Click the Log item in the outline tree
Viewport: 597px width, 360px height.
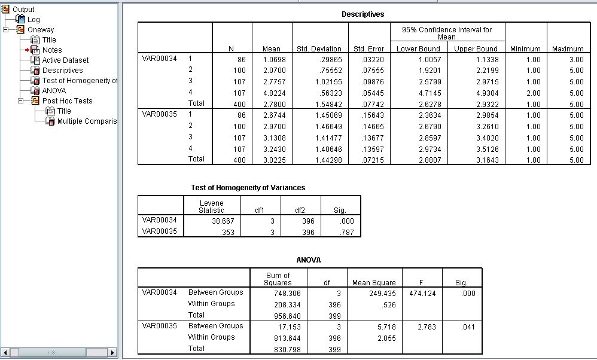pos(33,20)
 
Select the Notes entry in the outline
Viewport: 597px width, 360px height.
pos(51,50)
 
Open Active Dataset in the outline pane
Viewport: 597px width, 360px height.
pos(65,60)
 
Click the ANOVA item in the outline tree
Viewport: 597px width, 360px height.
pos(54,91)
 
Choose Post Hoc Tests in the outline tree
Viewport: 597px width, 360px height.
pos(67,101)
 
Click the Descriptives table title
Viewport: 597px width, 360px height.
pos(363,14)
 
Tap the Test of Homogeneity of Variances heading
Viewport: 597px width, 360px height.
pos(248,188)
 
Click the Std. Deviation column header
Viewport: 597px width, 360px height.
pos(319,49)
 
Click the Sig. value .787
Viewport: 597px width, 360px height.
pos(347,232)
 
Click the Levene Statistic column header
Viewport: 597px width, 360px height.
pos(211,206)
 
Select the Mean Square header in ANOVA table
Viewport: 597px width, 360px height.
pos(374,283)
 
